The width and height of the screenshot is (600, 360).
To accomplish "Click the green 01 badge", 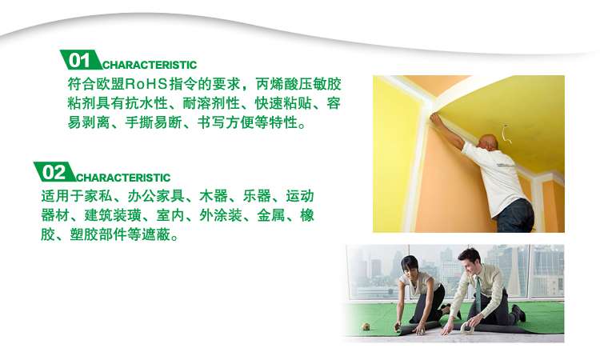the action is pos(80,60).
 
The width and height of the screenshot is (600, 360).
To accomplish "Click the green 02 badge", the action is pos(54,172).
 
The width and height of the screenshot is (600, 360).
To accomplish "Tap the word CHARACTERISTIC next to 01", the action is pos(150,65).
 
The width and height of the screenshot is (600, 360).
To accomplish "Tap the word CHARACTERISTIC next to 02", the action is pos(123,178).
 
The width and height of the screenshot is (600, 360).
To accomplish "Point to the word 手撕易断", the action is pos(154,122).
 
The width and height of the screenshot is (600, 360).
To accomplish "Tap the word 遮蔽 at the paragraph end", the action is pos(156,234).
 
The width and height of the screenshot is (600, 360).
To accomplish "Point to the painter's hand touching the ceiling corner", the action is pos(435,118).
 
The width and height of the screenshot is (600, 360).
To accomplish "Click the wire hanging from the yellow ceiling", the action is pos(506,133).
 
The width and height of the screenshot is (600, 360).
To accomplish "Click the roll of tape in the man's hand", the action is pos(467,327).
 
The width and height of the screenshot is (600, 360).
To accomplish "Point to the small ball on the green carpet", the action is pos(366,326).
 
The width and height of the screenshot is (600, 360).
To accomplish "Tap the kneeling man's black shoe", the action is pos(518,313).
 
